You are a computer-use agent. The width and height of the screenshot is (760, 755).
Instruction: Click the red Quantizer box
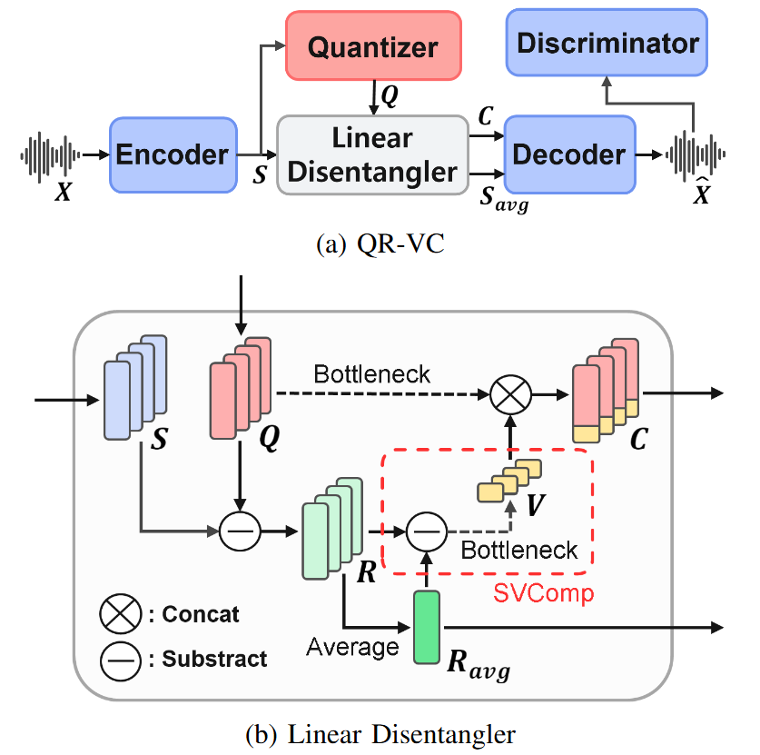pyautogui.click(x=372, y=47)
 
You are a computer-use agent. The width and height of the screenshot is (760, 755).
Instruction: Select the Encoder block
pyautogui.click(x=173, y=154)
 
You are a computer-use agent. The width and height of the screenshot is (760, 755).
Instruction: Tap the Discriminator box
pyautogui.click(x=607, y=43)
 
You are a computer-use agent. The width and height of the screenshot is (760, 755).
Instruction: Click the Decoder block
pyautogui.click(x=568, y=154)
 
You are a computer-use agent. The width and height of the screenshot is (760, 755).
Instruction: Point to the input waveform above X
pyautogui.click(x=49, y=154)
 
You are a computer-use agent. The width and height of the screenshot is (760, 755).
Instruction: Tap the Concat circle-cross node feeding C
pyautogui.click(x=509, y=395)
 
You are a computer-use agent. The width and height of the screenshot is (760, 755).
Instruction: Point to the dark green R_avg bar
pyautogui.click(x=426, y=626)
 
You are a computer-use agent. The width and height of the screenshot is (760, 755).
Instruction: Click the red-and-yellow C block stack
pyautogui.click(x=604, y=392)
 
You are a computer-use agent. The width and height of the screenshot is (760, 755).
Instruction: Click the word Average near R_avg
pyautogui.click(x=352, y=647)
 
